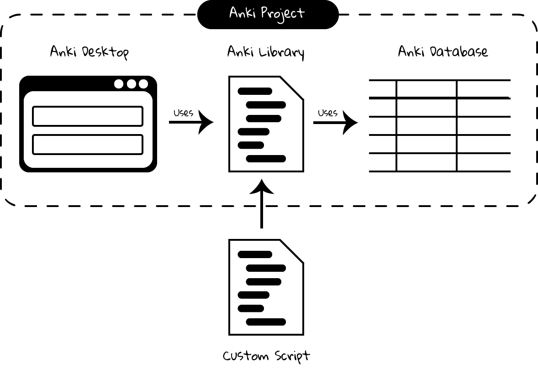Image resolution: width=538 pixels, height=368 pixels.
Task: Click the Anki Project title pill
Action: [268, 14]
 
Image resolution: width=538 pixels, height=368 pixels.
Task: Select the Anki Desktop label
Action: [89, 52]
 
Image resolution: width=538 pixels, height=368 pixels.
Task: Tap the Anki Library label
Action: [265, 52]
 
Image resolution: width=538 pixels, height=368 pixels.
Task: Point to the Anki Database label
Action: [443, 51]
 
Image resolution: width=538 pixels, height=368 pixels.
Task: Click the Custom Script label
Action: [266, 356]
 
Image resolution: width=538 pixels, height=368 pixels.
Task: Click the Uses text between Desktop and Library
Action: [183, 113]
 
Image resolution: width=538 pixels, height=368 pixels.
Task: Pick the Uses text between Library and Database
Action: [327, 113]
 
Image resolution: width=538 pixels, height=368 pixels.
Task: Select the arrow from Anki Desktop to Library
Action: [191, 122]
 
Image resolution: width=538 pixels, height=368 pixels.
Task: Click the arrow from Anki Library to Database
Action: [336, 122]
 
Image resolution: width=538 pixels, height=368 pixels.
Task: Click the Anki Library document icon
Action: [266, 124]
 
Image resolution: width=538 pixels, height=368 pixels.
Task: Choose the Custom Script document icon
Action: [266, 287]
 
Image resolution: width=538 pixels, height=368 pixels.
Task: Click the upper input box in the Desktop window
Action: [88, 116]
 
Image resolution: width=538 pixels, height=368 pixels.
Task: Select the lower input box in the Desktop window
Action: [88, 145]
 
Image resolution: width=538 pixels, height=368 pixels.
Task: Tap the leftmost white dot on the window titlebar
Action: [119, 84]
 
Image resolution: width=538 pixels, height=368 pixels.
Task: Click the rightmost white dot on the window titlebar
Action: [143, 84]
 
